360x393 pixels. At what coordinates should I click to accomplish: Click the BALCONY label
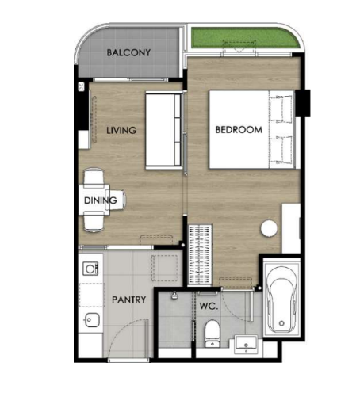(128, 52)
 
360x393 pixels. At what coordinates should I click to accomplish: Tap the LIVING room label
(121, 130)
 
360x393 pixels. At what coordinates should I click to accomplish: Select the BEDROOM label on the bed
(239, 130)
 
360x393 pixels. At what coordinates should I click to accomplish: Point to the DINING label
(101, 200)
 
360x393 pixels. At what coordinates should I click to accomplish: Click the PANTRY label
(129, 300)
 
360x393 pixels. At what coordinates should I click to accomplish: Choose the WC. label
(209, 306)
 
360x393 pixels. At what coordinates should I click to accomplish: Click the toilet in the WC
(213, 334)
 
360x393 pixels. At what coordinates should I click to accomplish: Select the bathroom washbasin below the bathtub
(246, 344)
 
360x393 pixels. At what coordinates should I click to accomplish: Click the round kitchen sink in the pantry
(91, 320)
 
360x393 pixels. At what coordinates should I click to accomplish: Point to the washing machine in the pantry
(90, 269)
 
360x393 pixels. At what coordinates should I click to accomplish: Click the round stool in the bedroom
(269, 228)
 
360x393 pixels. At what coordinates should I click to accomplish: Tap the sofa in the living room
(163, 130)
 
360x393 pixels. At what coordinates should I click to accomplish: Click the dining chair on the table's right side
(117, 200)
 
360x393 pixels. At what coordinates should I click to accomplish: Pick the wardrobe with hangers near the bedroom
(200, 255)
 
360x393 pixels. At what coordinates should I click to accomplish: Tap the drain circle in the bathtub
(281, 323)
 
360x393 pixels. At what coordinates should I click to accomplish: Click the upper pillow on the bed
(281, 109)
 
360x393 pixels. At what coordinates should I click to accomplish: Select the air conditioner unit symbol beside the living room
(82, 86)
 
